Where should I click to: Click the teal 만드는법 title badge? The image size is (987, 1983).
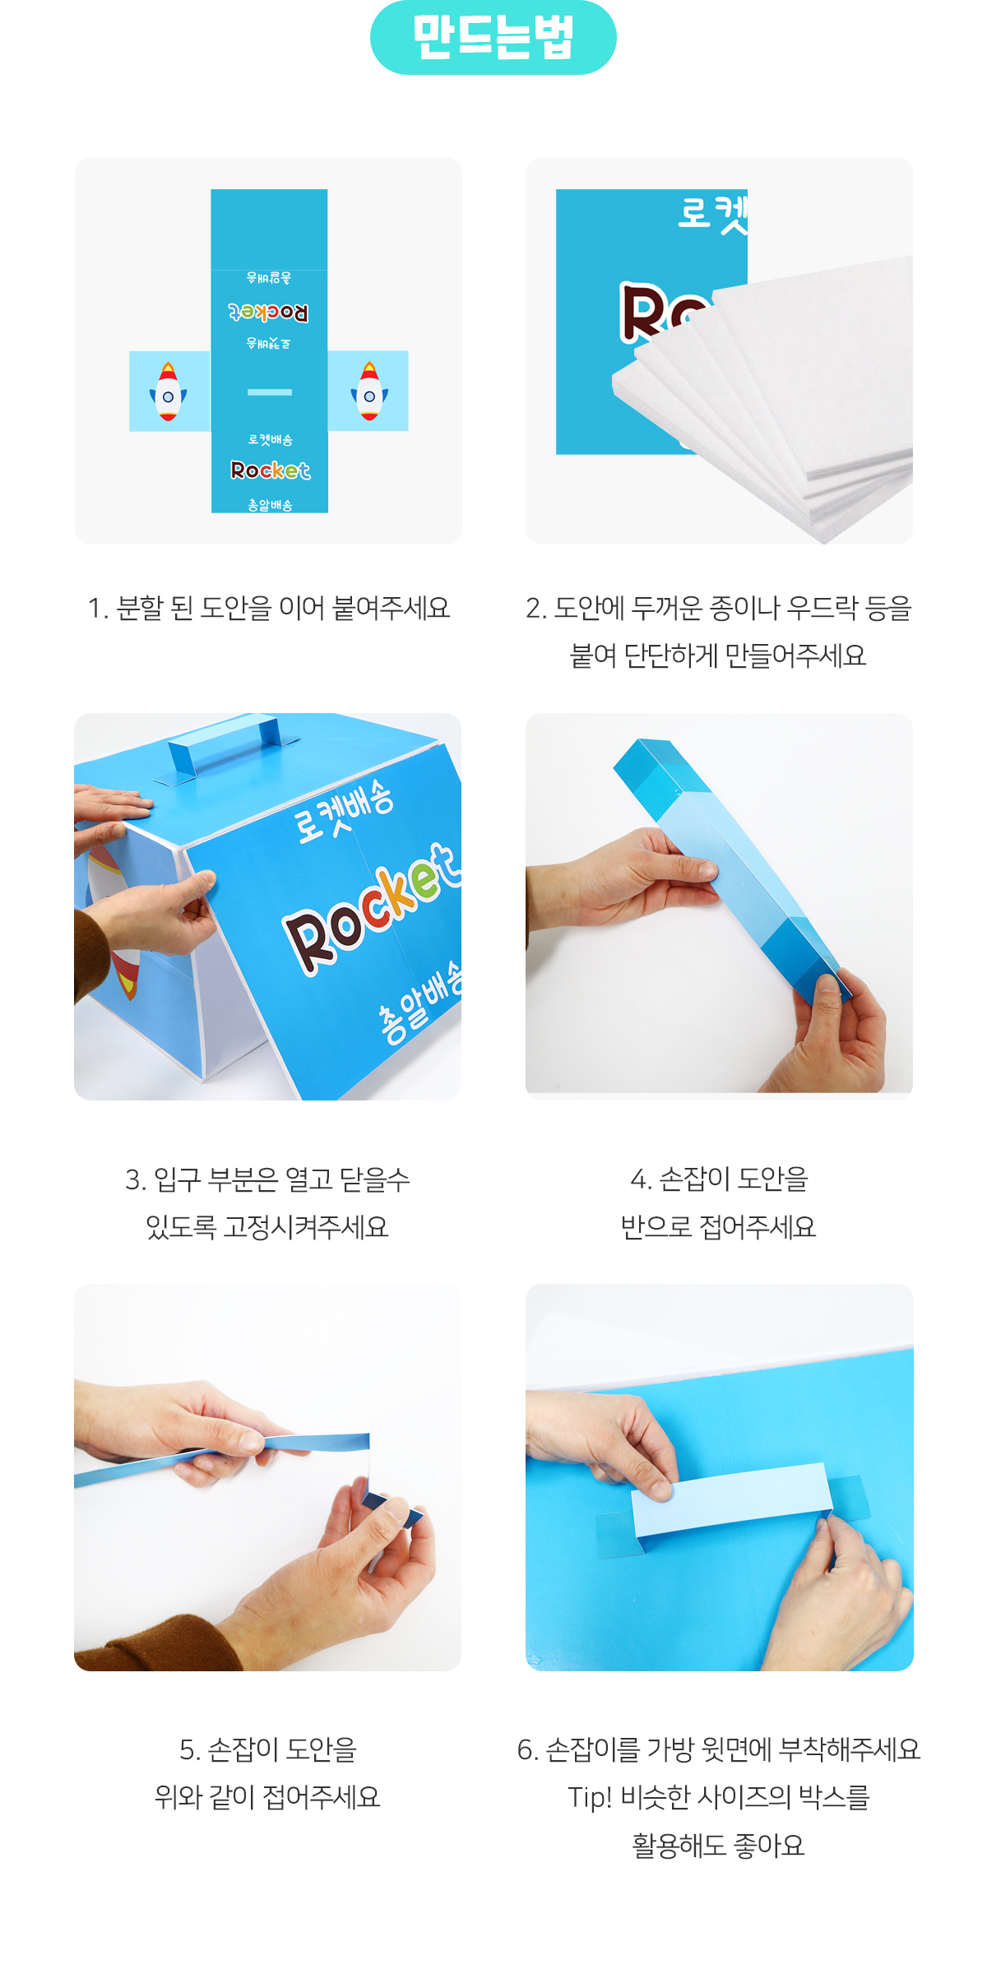pyautogui.click(x=493, y=38)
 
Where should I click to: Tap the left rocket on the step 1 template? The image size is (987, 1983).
pyautogui.click(x=168, y=392)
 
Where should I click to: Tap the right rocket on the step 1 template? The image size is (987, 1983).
pyautogui.click(x=369, y=392)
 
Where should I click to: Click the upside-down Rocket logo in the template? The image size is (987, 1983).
pyautogui.click(x=269, y=313)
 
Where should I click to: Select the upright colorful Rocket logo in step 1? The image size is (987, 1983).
pyautogui.click(x=270, y=470)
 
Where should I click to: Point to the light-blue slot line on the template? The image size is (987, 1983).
pyautogui.click(x=270, y=392)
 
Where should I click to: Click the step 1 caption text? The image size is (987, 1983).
pyautogui.click(x=269, y=608)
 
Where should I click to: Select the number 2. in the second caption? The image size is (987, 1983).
pyautogui.click(x=536, y=608)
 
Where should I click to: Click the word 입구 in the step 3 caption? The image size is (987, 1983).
pyautogui.click(x=178, y=1179)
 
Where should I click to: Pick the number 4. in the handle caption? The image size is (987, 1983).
pyautogui.click(x=641, y=1179)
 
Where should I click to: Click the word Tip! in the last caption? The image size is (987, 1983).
pyautogui.click(x=590, y=1798)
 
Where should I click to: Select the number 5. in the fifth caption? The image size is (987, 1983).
pyautogui.click(x=190, y=1750)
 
